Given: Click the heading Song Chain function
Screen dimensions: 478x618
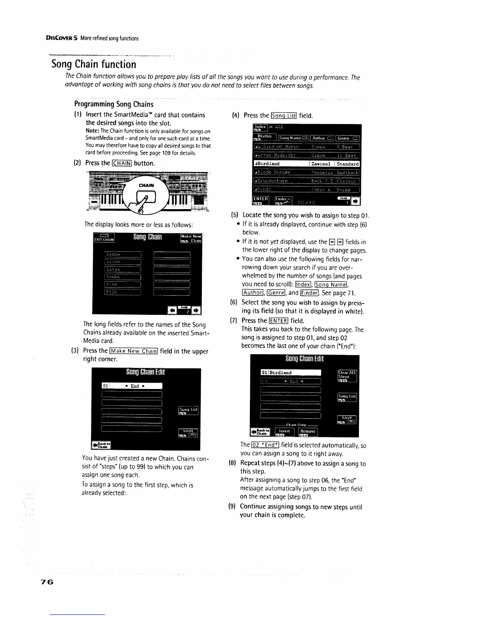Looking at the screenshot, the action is pos(94,64).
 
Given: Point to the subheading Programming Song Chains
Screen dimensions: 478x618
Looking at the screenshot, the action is pos(114,104).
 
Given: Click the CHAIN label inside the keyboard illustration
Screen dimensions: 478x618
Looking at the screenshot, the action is pos(146,185).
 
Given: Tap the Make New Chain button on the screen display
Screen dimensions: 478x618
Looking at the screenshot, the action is pos(191,238).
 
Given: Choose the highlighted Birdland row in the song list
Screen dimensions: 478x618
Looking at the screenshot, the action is pos(307,164).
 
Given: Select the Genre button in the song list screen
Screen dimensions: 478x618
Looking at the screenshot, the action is pos(348,138).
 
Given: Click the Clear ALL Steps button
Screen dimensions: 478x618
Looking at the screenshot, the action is pos(347,375).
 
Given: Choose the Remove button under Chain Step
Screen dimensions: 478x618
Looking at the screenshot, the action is pos(308,432).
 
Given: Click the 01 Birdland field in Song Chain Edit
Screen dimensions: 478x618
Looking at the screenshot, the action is pos(291,373).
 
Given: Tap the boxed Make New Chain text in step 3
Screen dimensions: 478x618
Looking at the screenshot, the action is pos(134,351).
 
